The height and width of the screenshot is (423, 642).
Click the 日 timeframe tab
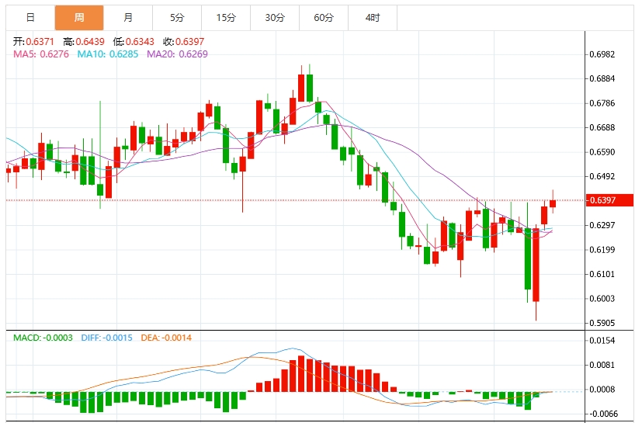tap(30, 17)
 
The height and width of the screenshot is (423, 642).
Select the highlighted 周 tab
tap(78, 17)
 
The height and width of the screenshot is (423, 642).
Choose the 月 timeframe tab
tap(127, 17)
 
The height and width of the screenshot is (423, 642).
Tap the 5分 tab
tap(176, 17)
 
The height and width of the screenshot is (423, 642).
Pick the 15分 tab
tap(225, 17)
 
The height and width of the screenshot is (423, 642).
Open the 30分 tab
tap(274, 17)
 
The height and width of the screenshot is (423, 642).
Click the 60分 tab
tap(324, 17)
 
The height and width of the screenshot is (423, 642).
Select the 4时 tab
tap(372, 17)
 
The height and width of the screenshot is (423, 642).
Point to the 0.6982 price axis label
tap(602, 54)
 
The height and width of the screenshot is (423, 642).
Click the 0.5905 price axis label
tap(602, 323)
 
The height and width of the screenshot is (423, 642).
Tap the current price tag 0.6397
tap(602, 200)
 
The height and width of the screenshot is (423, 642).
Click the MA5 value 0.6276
tap(54, 54)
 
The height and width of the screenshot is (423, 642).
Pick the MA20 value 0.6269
tap(192, 54)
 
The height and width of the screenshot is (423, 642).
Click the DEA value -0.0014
tap(175, 338)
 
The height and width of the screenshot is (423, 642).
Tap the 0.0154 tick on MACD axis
tap(602, 341)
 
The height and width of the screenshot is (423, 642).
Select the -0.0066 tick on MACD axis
tap(602, 414)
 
